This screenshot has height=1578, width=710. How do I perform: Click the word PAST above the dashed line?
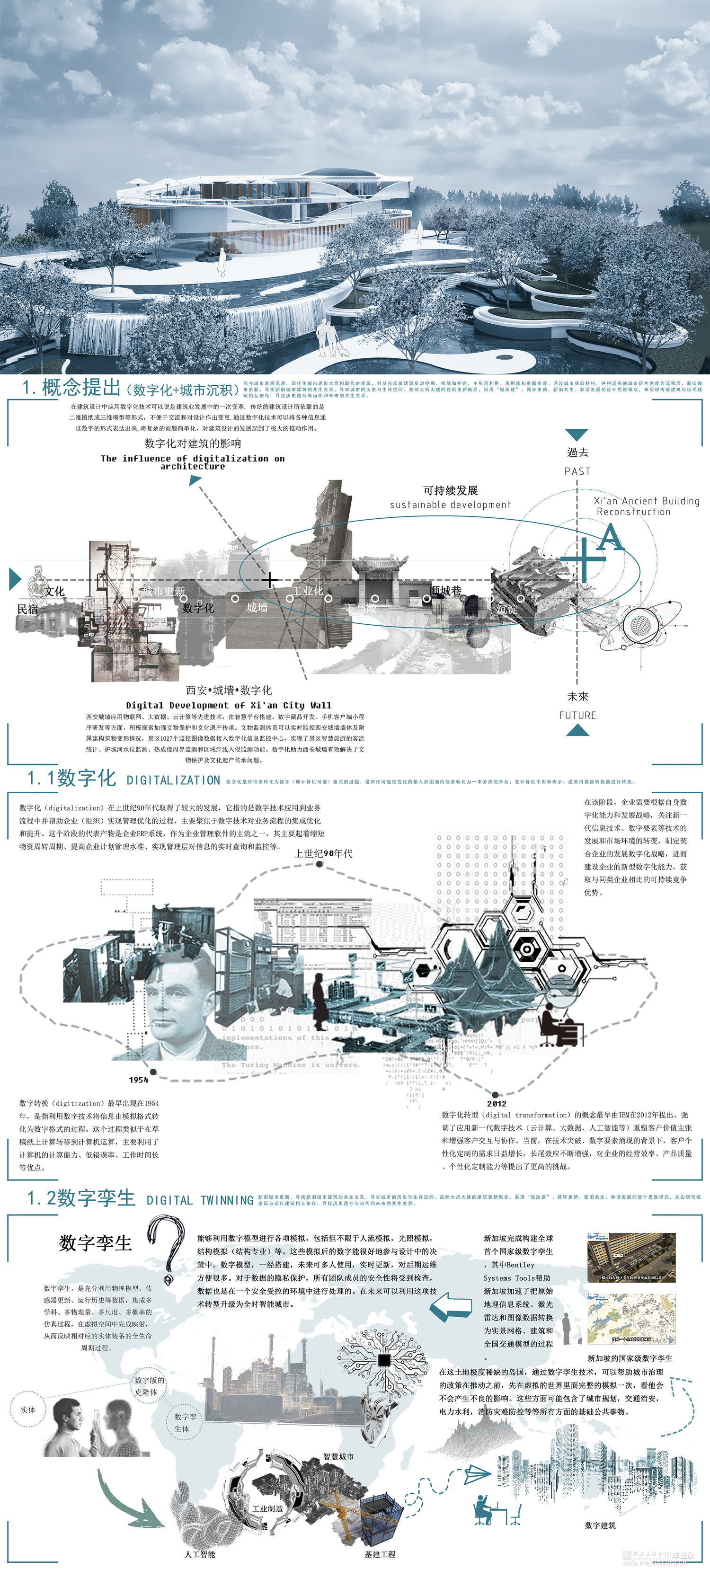tap(577, 471)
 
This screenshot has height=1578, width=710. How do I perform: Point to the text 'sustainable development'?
tap(450, 504)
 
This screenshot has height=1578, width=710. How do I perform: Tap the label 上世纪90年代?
tap(323, 853)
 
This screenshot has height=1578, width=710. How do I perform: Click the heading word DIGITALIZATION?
tap(173, 780)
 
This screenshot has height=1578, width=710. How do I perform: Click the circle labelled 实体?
tap(28, 1410)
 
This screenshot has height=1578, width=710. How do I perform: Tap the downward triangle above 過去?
tap(577, 434)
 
